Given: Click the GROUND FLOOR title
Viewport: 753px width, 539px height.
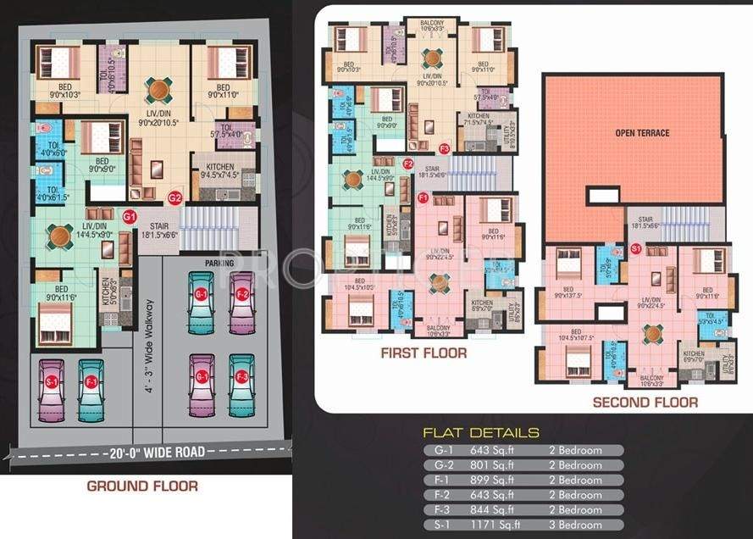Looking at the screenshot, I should pyautogui.click(x=143, y=486).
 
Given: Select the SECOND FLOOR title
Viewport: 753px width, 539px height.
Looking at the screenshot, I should pyautogui.click(x=645, y=403).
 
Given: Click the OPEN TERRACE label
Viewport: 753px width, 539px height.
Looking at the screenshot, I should pyautogui.click(x=642, y=134).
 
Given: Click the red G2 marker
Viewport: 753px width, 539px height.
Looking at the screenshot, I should pyautogui.click(x=175, y=199).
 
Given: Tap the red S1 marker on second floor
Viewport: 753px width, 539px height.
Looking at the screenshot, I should pyautogui.click(x=636, y=248).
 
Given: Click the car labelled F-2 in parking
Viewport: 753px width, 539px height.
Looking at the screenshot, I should pyautogui.click(x=241, y=301).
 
